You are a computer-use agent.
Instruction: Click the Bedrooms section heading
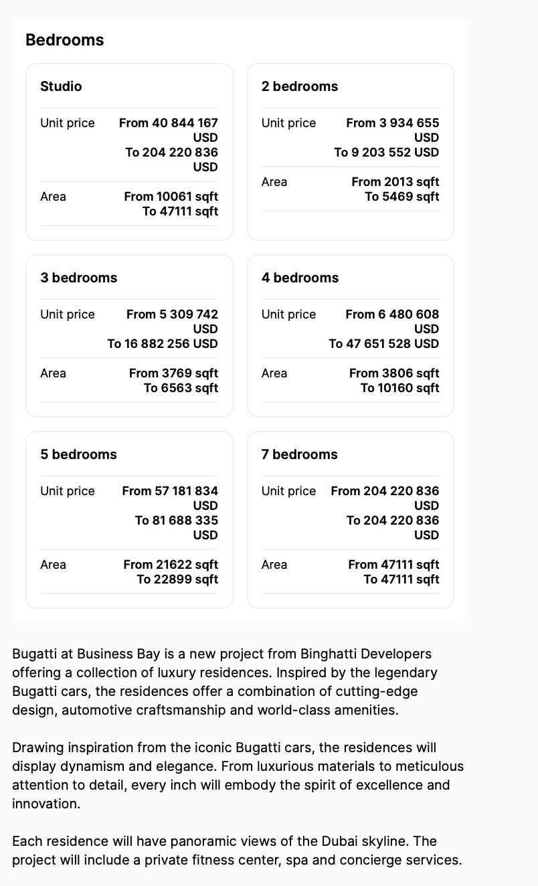[64, 40]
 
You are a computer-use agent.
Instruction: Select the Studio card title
[61, 86]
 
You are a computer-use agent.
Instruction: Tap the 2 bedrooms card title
[300, 86]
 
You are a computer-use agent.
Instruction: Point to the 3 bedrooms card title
[78, 278]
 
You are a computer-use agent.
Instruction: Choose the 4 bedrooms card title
[300, 278]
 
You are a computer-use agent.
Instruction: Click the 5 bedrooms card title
[78, 454]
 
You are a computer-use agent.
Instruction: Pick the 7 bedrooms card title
[299, 454]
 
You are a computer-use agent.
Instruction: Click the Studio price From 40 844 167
[169, 123]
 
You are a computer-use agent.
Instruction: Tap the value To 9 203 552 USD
[387, 153]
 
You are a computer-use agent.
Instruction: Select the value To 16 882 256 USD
[163, 344]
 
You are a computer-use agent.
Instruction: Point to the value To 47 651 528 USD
[384, 344]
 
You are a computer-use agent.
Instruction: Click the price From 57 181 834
[170, 491]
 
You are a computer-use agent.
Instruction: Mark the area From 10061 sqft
[171, 197]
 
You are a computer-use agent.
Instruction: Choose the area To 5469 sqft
[402, 197]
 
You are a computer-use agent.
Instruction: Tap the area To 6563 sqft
[181, 388]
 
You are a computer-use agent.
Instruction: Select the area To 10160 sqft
[399, 388]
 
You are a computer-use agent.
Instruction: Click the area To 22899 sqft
[177, 580]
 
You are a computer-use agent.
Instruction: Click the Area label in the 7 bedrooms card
[274, 565]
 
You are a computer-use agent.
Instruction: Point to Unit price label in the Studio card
[68, 123]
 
